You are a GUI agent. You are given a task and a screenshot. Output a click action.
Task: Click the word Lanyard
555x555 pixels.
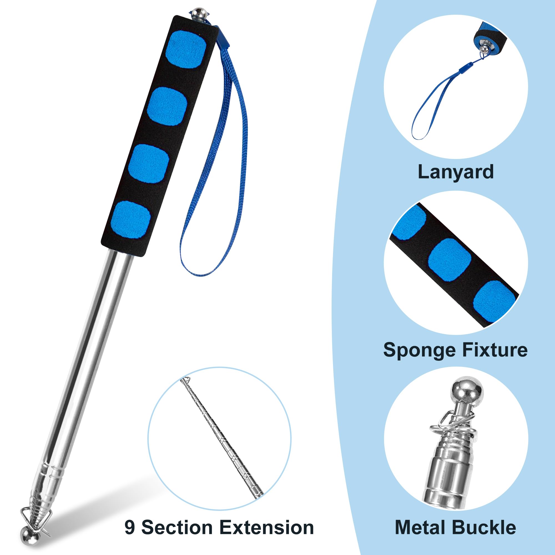[x=456, y=172]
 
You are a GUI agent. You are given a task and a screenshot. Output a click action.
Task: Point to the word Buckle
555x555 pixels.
[x=486, y=528]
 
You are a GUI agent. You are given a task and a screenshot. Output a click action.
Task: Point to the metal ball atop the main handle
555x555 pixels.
[x=198, y=13]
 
